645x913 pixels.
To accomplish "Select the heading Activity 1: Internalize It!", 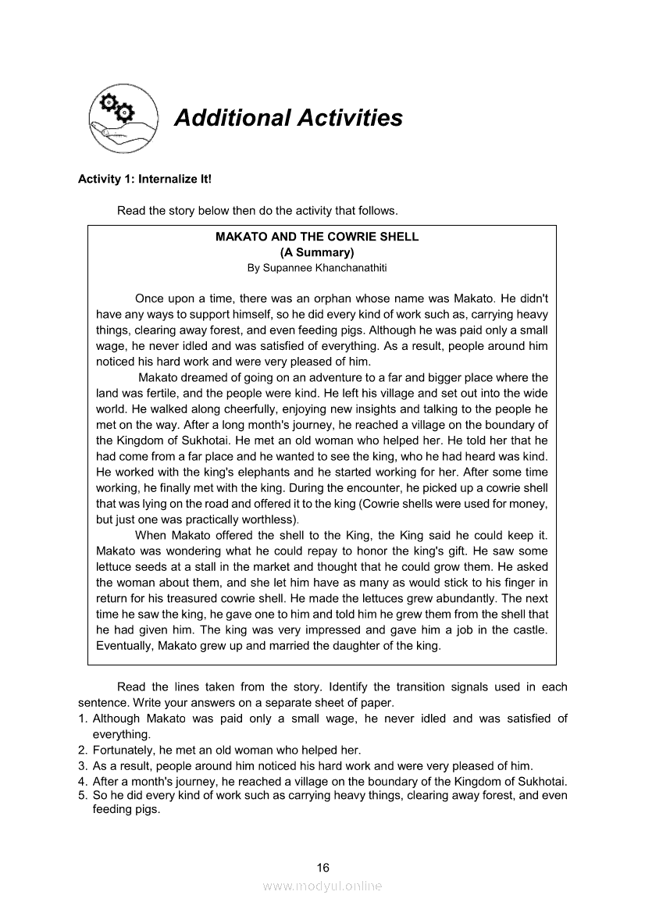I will pos(144,179).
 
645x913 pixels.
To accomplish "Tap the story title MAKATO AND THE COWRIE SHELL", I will pos(317,237).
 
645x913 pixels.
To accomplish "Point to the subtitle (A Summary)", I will pos(317,252).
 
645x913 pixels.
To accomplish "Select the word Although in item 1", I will pos(117,719).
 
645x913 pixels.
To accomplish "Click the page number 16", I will pos(323,868).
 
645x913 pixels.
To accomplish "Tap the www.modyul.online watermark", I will pos(322,886).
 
